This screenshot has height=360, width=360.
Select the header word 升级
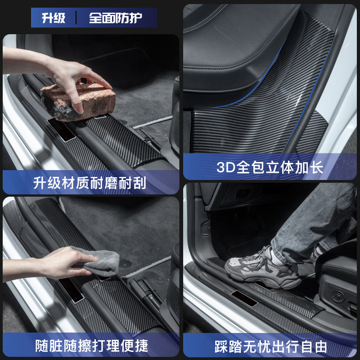(54, 18)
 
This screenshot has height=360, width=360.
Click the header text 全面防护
(116, 18)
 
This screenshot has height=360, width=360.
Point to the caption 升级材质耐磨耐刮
(90, 183)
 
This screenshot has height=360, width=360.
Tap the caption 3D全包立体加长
(270, 167)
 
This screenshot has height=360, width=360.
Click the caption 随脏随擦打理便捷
(91, 346)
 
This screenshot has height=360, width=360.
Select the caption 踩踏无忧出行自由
(270, 346)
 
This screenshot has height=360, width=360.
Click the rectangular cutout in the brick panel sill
(61, 130)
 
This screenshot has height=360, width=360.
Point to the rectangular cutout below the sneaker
(244, 298)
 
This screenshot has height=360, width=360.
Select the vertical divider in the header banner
(76, 18)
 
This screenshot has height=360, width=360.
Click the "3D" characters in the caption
(226, 167)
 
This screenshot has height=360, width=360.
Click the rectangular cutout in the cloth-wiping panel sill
(72, 290)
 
